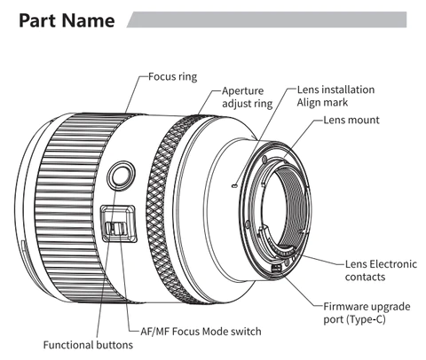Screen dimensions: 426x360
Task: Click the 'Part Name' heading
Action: click(x=67, y=20)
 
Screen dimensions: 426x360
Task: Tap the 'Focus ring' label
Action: click(x=172, y=76)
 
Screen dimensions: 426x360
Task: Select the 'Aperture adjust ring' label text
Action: click(x=247, y=97)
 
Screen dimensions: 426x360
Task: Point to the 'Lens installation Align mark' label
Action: click(x=335, y=96)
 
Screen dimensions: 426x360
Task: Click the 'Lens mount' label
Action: click(x=351, y=120)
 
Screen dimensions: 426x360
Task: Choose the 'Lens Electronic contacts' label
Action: click(x=381, y=270)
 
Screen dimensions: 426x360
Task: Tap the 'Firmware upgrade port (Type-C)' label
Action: click(x=367, y=313)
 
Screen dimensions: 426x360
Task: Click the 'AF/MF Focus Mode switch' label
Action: click(x=201, y=332)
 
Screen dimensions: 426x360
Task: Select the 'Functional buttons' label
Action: click(x=88, y=345)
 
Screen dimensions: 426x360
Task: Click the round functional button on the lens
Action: click(x=121, y=176)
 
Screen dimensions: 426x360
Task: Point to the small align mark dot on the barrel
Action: click(x=234, y=185)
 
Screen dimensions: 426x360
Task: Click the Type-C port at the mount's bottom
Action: click(x=276, y=269)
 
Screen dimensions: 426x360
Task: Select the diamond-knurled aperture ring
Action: click(x=167, y=207)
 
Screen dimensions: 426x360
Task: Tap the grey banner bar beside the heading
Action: click(x=266, y=20)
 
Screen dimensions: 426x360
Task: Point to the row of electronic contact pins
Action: click(x=281, y=251)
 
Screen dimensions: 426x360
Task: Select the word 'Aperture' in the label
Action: click(x=242, y=91)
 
